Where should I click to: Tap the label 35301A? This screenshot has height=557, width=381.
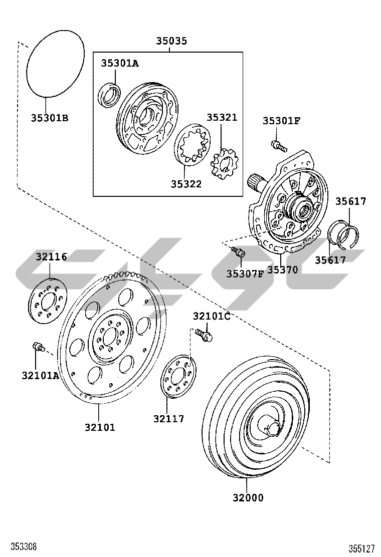point(120,63)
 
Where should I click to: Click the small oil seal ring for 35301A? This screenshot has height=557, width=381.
point(109,96)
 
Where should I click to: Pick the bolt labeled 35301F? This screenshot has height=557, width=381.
point(278,146)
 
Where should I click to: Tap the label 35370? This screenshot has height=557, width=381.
point(282,270)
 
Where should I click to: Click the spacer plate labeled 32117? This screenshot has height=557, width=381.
point(178,377)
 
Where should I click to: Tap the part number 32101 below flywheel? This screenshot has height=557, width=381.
point(100,427)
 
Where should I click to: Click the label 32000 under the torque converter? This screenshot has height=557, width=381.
point(248,498)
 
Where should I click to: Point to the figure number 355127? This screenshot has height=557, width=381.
point(362,548)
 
